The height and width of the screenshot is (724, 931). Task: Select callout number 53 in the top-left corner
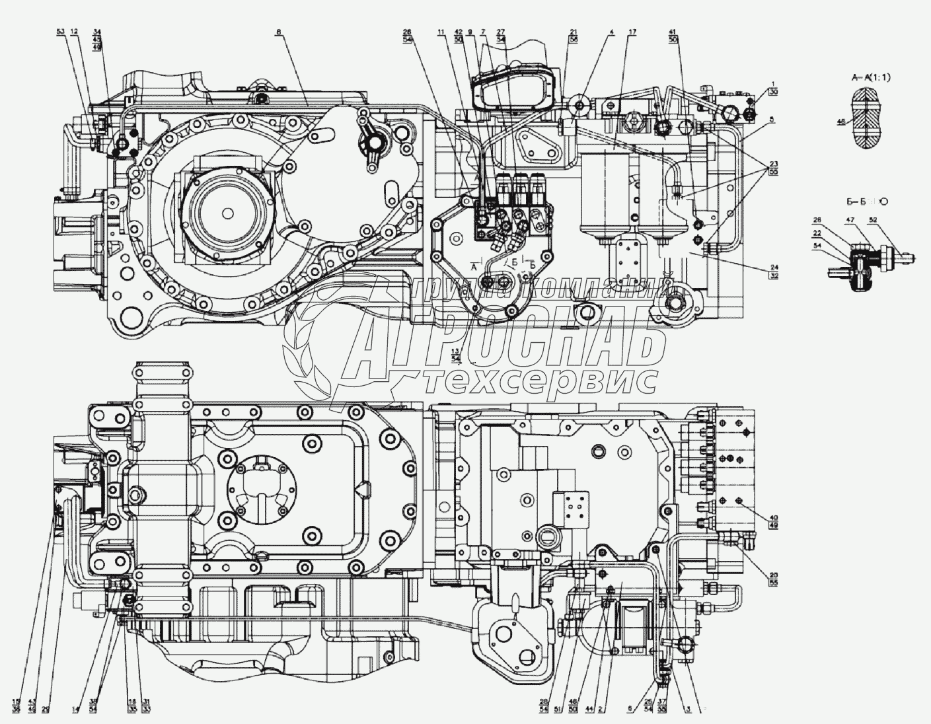(x=61, y=31)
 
